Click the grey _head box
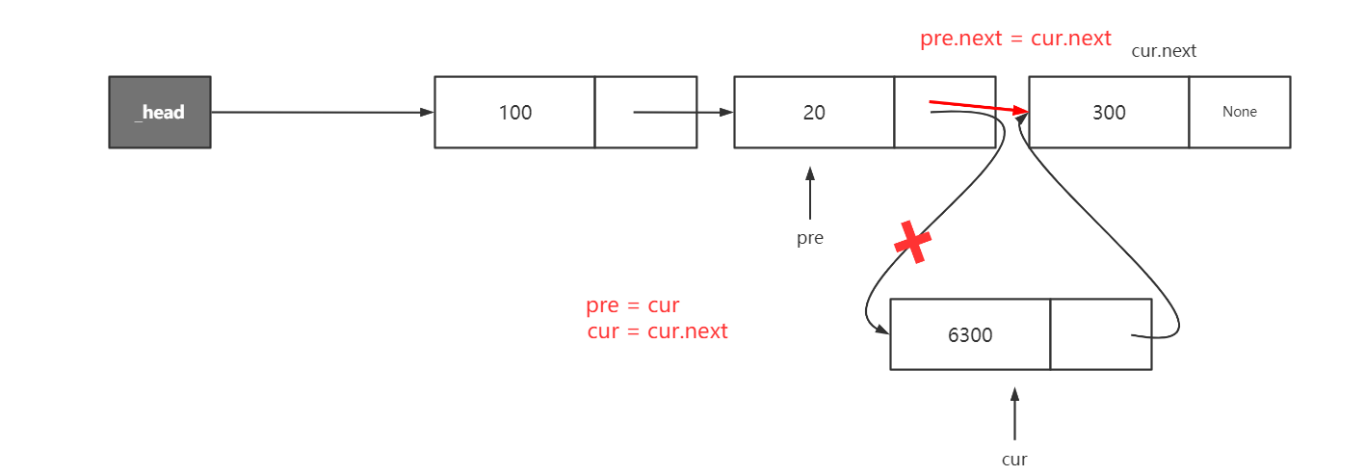159,112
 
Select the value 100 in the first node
514,112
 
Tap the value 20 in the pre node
814,112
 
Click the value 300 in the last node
1109,112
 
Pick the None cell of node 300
1240,112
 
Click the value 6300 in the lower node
970,334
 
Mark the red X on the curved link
912,242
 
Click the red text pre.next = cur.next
1015,39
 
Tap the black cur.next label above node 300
1164,51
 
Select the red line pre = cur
633,305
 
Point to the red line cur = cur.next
657,331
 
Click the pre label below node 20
810,237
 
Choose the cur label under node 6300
1014,459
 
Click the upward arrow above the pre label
810,193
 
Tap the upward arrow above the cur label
1014,413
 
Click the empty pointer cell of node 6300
1100,334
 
